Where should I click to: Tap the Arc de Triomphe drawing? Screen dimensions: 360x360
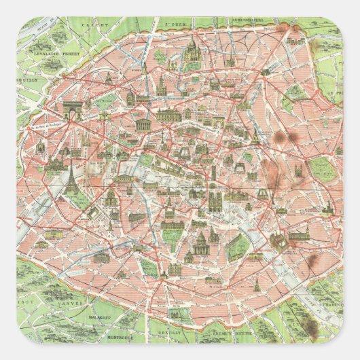pyautogui.click(x=73, y=109)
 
